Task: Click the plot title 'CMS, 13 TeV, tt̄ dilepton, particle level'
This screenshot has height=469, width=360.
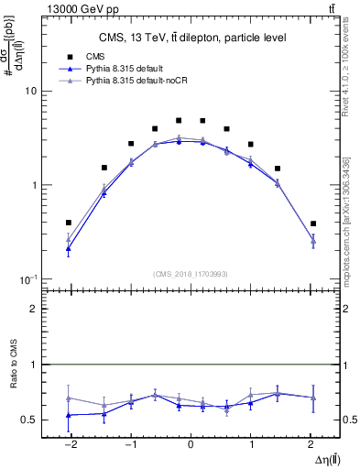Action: pos(191,38)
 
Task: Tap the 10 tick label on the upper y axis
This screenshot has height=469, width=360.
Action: pos(30,92)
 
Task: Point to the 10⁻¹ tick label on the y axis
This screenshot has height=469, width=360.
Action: pos(27,278)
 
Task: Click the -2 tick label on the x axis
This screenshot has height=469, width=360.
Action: pos(68,442)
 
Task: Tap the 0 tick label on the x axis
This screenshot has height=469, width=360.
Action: pos(191,442)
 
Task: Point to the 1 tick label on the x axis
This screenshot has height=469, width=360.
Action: pos(251,442)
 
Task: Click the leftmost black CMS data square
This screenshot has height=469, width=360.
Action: pos(69,223)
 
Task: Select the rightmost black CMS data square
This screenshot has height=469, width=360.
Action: pos(312,224)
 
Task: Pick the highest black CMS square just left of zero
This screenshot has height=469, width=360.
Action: pos(179,121)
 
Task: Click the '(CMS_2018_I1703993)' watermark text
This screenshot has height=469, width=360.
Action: pos(191,273)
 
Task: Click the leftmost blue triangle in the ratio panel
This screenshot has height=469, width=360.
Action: pos(69,415)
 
